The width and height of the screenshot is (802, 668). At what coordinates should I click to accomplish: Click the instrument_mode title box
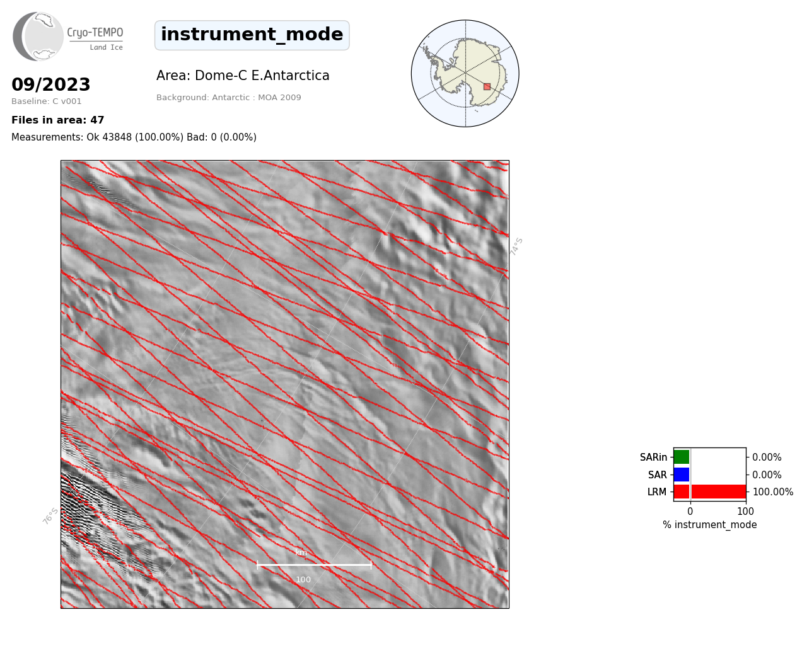pyautogui.click(x=252, y=35)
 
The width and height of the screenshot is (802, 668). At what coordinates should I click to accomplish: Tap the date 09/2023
pyautogui.click(x=50, y=84)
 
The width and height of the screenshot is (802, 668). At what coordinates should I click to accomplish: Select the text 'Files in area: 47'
pyautogui.click(x=57, y=120)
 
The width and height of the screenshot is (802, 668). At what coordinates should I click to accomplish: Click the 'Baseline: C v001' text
pyautogui.click(x=47, y=101)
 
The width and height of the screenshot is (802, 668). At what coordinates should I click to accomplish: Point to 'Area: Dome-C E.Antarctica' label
pyautogui.click(x=243, y=76)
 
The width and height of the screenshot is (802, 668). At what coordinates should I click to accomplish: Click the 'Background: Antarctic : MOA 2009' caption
pyautogui.click(x=228, y=98)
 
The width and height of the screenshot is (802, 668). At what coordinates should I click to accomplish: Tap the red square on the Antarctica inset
pyautogui.click(x=487, y=87)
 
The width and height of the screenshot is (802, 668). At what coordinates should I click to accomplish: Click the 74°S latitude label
pyautogui.click(x=516, y=246)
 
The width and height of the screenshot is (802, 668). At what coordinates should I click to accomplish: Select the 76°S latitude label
pyautogui.click(x=50, y=516)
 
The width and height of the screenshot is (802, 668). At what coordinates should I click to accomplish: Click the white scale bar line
pyautogui.click(x=314, y=565)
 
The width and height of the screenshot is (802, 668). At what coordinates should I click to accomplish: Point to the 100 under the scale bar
pyautogui.click(x=303, y=580)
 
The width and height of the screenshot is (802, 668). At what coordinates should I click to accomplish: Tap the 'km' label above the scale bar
pyautogui.click(x=301, y=553)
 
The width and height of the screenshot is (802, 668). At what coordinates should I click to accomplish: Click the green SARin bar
pyautogui.click(x=682, y=457)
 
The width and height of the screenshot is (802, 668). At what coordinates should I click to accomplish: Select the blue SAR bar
pyautogui.click(x=682, y=475)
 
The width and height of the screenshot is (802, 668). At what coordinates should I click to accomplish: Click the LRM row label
pyautogui.click(x=657, y=492)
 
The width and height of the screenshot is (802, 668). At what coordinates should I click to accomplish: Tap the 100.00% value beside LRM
pyautogui.click(x=773, y=492)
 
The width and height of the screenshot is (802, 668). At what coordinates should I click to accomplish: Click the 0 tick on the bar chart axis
pyautogui.click(x=690, y=511)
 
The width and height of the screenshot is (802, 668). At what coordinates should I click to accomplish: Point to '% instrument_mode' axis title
pyautogui.click(x=710, y=525)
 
